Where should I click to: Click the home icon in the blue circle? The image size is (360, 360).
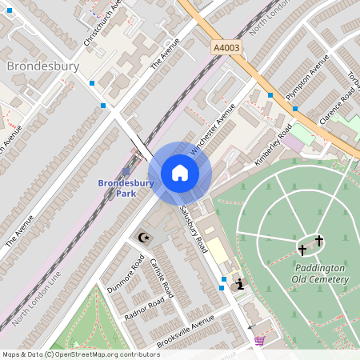(x=180, y=173)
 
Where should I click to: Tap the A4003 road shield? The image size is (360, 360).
(x=226, y=49)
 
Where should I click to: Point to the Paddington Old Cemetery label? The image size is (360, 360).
(x=320, y=274)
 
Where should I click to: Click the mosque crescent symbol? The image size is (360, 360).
(x=144, y=238)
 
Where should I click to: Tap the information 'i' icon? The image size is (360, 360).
(x=239, y=284)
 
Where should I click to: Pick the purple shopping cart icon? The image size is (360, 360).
(x=259, y=341)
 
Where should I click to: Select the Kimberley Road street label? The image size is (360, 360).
(x=274, y=145)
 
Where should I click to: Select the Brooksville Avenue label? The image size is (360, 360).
(x=186, y=330)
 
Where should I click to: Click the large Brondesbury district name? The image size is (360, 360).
(x=43, y=66)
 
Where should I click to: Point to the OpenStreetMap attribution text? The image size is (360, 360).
(x=81, y=354)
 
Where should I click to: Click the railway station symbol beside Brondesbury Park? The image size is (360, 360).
(x=126, y=171)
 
